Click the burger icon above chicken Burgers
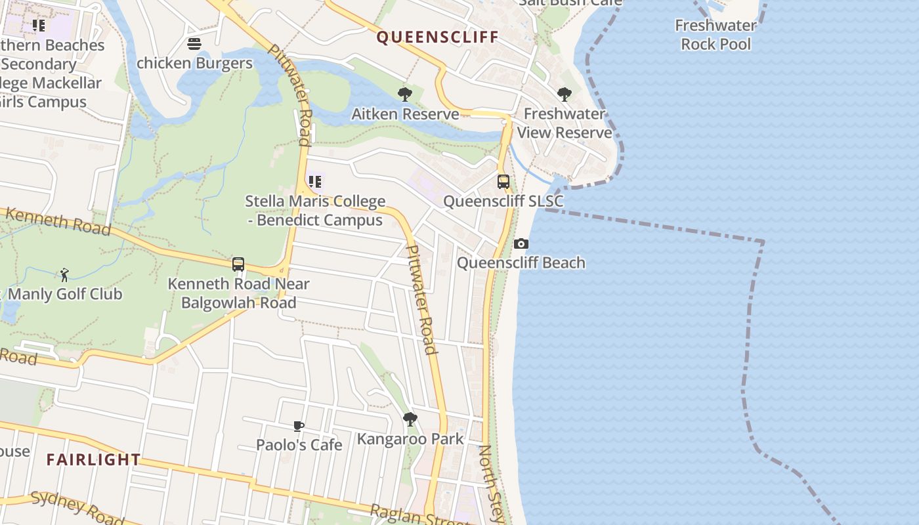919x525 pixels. (194, 44)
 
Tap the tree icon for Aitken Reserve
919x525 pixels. (405, 94)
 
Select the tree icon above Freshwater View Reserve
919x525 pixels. (564, 94)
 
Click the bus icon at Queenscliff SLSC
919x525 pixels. (503, 182)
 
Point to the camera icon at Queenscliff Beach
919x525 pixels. (521, 244)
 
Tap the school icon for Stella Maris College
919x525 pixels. (315, 182)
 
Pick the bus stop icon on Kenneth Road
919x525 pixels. (238, 264)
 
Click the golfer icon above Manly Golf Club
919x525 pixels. (64, 274)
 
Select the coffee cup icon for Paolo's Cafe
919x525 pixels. (299, 426)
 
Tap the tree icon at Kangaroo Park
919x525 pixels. (410, 419)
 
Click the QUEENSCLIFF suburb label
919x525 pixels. (438, 37)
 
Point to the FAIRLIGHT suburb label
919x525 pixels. (94, 459)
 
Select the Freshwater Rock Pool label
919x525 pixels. (716, 35)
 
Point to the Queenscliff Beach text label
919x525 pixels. (521, 263)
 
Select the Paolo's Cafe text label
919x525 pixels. (299, 445)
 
